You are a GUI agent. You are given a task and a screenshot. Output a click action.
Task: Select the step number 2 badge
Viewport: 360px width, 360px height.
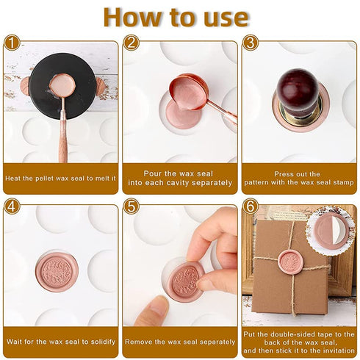click(132, 43)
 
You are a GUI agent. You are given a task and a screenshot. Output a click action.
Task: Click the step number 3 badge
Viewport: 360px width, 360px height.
click(251, 43)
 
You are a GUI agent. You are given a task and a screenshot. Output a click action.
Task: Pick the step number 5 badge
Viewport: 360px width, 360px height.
click(132, 206)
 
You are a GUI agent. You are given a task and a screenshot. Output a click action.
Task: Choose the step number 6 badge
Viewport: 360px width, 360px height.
click(251, 206)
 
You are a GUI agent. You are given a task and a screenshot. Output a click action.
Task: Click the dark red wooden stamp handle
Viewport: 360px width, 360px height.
click(299, 87)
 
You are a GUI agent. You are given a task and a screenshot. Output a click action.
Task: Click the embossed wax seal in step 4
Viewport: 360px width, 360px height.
click(57, 273)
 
